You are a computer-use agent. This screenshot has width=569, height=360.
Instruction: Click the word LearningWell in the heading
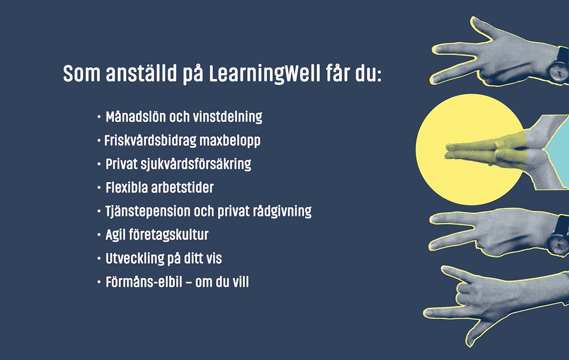(264, 74)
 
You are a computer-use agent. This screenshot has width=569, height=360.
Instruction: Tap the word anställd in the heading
(141, 73)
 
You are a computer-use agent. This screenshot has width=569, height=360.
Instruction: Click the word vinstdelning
(227, 117)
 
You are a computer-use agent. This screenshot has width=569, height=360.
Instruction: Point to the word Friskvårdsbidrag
(150, 140)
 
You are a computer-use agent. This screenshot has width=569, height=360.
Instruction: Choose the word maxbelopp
(230, 141)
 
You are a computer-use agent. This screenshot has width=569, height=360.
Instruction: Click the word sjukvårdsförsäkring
(196, 164)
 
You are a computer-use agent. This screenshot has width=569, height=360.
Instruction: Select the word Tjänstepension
(148, 211)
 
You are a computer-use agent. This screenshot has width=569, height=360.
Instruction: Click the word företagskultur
(168, 235)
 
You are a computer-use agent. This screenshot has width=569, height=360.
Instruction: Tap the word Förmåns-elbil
(144, 281)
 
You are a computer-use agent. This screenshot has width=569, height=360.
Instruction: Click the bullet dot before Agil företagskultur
(99, 235)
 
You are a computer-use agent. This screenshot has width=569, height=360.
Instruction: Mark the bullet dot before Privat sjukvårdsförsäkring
(99, 164)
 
